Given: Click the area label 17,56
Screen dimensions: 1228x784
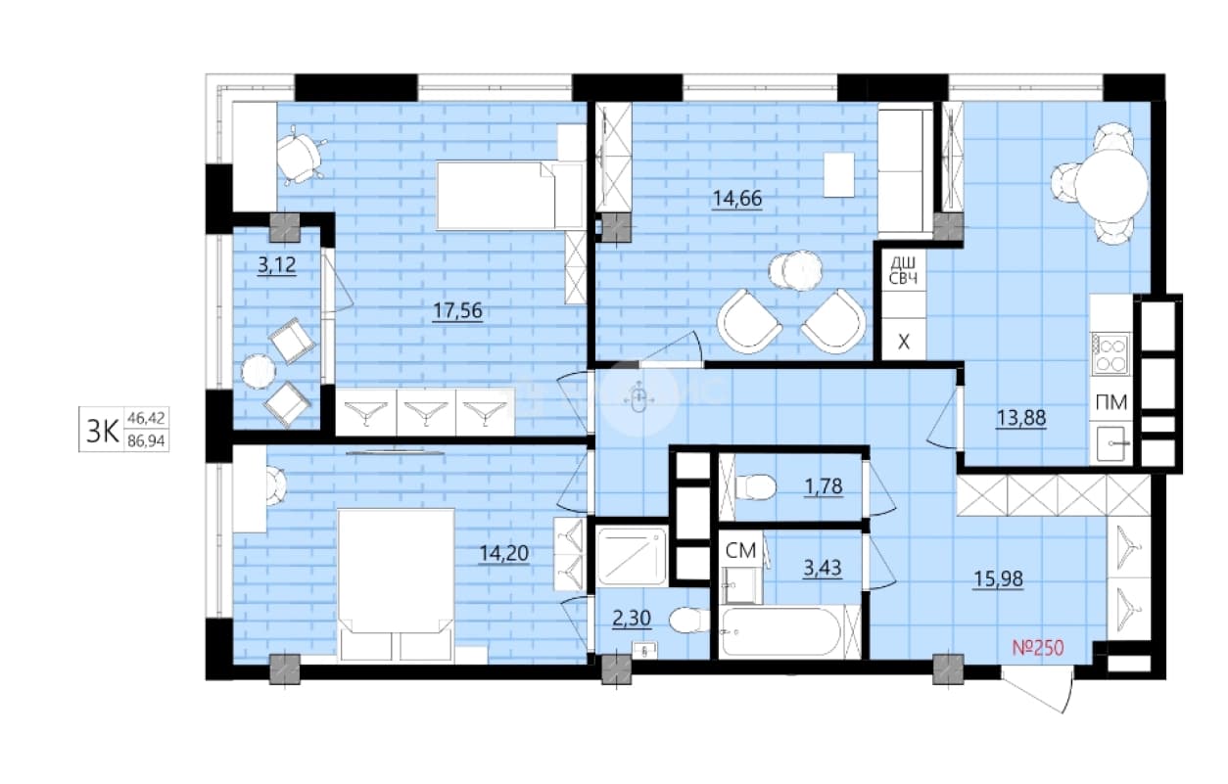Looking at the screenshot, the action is coord(457,310).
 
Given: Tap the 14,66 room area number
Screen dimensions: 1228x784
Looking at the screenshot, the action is coord(736,199).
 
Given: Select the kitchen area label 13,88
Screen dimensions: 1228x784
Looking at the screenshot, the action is coord(1020,418).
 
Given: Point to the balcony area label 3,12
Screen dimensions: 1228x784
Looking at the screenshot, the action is coord(277,265).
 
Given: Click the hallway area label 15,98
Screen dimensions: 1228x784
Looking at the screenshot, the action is coord(998,578).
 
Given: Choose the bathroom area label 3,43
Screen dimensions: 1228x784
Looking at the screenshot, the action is coord(823,568).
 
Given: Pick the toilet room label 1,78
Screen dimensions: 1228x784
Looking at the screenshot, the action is coord(824,485).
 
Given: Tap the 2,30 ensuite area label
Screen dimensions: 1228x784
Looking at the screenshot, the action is coord(632,619).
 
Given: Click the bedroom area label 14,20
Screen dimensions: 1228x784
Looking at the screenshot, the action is coord(503,553).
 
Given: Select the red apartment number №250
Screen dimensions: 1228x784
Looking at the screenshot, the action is coord(1038,648).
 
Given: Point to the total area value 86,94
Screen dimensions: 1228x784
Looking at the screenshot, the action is coord(146,441).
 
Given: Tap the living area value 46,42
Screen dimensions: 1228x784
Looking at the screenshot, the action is coord(146,419).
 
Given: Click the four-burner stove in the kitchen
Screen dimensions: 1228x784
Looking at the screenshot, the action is coord(1110,354).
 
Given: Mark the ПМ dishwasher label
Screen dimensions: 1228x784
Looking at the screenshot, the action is coord(1111,402).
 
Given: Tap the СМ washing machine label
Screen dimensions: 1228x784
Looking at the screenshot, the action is coord(740,551).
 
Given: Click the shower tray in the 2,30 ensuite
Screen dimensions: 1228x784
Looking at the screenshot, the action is coord(632,556).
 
